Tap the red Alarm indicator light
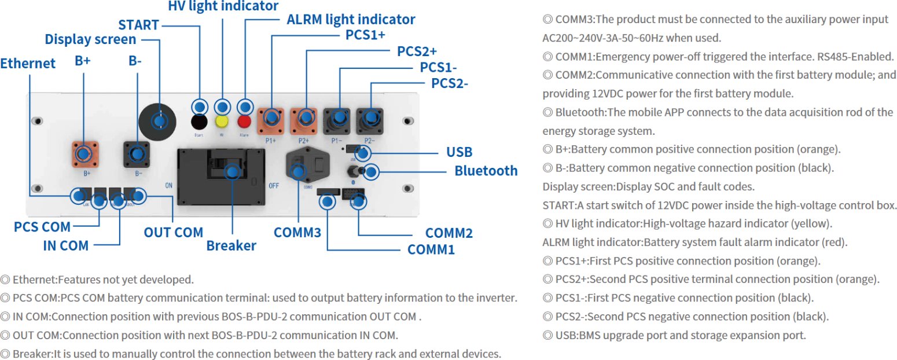point(245,122)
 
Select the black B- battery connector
point(137,154)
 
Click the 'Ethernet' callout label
point(28,63)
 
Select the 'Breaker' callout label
point(231,245)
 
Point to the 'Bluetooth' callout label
point(486,171)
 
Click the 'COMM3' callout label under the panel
point(297,233)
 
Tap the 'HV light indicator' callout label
point(223,6)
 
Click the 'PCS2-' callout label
point(450,83)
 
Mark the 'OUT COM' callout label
point(173,233)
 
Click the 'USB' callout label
point(459,152)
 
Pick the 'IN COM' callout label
point(65,245)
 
